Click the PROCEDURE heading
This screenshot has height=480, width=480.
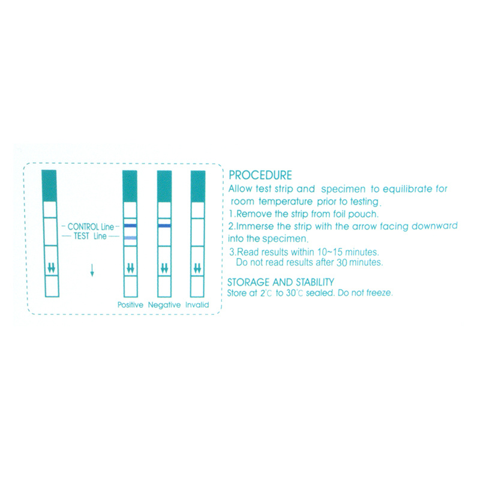pos(260,175)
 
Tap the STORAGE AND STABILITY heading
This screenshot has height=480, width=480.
pos(280,282)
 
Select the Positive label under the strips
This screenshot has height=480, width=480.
pos(130,305)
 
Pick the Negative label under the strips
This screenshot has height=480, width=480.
pos(164,305)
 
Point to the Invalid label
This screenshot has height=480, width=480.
pos(197,305)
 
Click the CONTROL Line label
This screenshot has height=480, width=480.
pos(91,227)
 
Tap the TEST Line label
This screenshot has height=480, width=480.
pos(91,236)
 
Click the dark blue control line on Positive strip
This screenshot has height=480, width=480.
pos(130,226)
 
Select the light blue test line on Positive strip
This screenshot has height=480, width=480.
pos(130,238)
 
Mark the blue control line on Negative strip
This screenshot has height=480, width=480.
pos(164,226)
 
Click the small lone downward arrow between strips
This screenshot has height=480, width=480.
pos(92,270)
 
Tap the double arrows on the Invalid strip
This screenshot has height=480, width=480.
pos(197,268)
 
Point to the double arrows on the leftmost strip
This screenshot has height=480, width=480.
pos(52,268)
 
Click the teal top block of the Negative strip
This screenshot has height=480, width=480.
pos(164,186)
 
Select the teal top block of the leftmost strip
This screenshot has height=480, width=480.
pos(49,185)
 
